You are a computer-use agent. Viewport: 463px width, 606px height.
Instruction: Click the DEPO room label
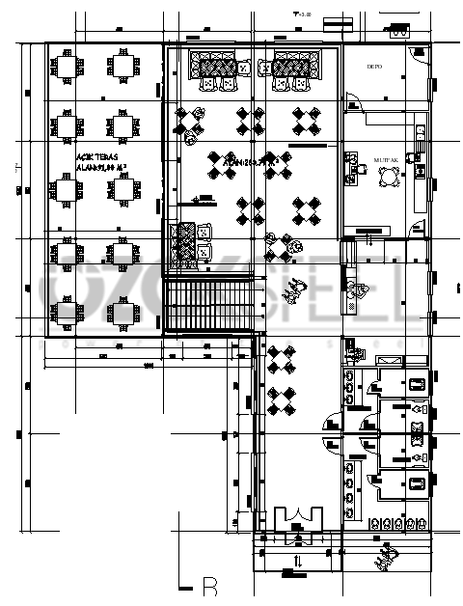click(374, 67)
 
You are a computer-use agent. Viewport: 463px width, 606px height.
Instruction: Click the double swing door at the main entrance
click(297, 519)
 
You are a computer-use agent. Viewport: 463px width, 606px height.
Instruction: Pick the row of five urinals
click(395, 524)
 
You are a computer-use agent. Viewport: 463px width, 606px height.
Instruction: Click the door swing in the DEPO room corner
click(417, 54)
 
